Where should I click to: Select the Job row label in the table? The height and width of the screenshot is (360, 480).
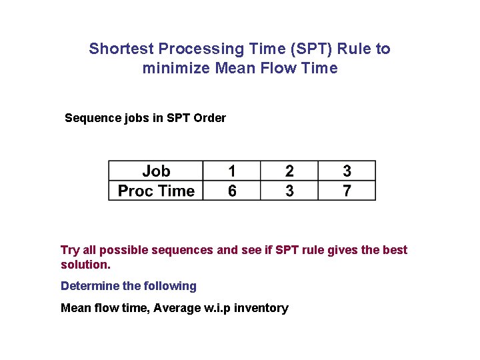[156, 171]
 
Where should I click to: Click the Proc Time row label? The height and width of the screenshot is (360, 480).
[156, 191]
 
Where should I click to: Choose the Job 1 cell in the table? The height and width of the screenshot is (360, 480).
[231, 171]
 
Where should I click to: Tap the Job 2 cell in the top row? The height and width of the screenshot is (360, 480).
[289, 171]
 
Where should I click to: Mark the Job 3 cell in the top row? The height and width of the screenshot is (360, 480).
[347, 171]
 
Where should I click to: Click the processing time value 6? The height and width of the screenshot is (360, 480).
[231, 191]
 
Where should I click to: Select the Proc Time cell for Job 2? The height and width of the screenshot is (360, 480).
[289, 191]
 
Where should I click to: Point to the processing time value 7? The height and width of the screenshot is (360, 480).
[347, 191]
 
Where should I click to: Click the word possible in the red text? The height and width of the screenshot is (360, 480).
[125, 250]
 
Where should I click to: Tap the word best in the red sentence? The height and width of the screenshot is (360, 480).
[395, 250]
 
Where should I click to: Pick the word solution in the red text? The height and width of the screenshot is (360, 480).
[84, 265]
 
